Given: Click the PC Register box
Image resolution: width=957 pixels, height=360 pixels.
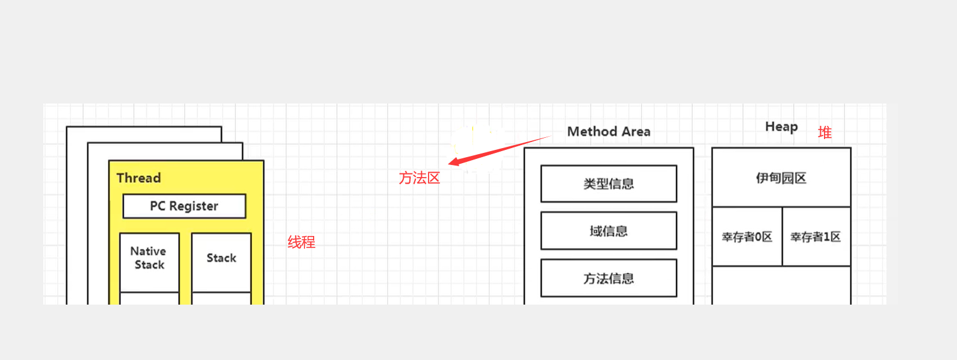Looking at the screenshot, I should pyautogui.click(x=184, y=206).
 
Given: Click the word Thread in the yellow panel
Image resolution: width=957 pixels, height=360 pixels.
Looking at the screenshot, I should pyautogui.click(x=138, y=178).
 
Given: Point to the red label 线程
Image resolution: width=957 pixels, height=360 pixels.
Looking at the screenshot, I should pyautogui.click(x=302, y=242).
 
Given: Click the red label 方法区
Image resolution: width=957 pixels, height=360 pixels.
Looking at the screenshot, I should pyautogui.click(x=420, y=178).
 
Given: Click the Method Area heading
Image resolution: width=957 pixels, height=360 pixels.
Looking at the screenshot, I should pyautogui.click(x=609, y=131).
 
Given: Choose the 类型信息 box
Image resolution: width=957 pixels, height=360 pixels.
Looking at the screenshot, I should pyautogui.click(x=609, y=184).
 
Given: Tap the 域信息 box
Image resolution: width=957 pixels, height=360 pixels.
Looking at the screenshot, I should pyautogui.click(x=609, y=231).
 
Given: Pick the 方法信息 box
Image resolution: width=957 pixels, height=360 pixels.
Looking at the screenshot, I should pyautogui.click(x=609, y=278).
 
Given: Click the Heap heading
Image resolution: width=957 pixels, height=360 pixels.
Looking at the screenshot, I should pyautogui.click(x=781, y=126).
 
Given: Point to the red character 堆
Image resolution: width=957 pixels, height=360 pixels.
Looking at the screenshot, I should pyautogui.click(x=825, y=132).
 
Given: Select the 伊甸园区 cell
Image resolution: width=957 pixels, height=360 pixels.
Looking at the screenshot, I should pyautogui.click(x=781, y=178).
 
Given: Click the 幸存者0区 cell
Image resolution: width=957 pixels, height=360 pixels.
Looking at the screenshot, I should pyautogui.click(x=747, y=237).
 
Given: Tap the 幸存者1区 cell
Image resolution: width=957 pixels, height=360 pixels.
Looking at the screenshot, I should pyautogui.click(x=816, y=237).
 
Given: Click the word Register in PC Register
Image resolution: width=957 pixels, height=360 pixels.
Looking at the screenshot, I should pyautogui.click(x=193, y=206).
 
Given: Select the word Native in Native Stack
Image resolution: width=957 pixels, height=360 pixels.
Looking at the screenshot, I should pyautogui.click(x=148, y=251).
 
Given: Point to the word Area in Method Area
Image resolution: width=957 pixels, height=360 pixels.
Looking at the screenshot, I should pyautogui.click(x=636, y=131).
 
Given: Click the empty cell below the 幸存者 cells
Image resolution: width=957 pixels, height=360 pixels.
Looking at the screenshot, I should pyautogui.click(x=781, y=285).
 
